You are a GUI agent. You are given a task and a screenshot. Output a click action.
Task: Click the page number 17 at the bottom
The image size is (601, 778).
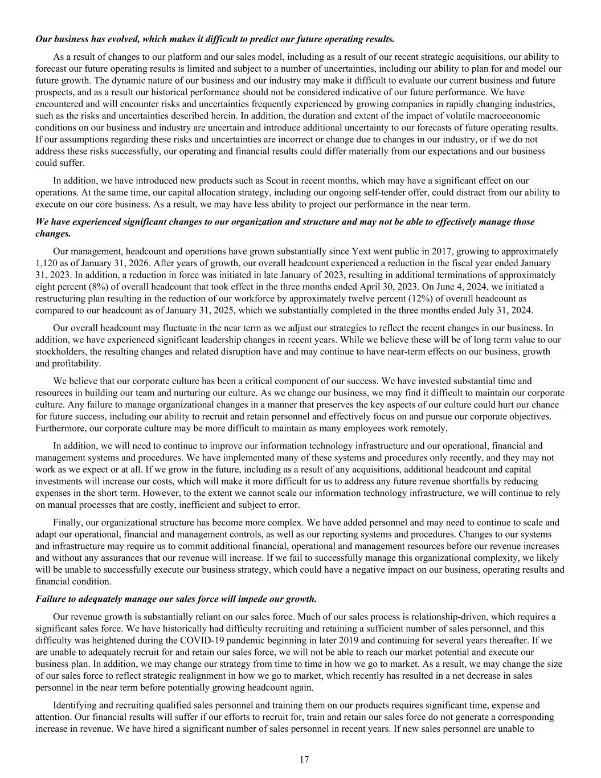pyautogui.click(x=304, y=759)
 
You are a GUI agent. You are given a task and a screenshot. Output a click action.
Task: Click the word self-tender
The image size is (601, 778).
pyautogui.click(x=406, y=193)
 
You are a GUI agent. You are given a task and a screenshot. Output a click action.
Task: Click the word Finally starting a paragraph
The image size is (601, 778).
pyautogui.click(x=67, y=522)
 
